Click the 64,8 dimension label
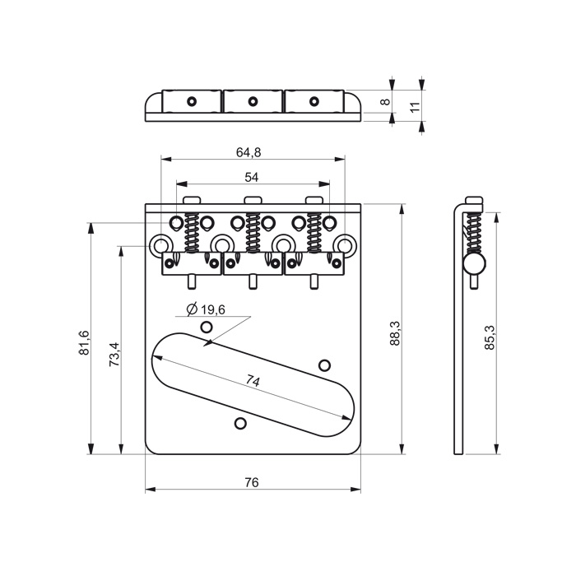click(x=249, y=152)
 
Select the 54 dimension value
click(x=251, y=178)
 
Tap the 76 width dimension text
click(x=251, y=482)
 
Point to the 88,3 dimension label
click(x=394, y=332)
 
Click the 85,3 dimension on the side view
click(x=490, y=337)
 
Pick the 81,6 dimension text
click(x=84, y=342)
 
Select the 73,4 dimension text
click(x=114, y=354)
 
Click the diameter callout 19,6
click(x=206, y=309)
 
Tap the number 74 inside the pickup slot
click(x=253, y=381)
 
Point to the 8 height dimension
click(x=385, y=101)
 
